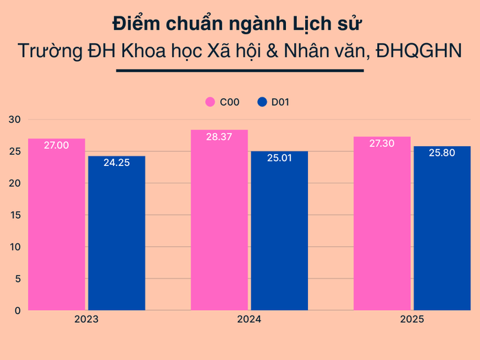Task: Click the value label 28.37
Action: (219, 137)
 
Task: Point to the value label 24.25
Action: (117, 163)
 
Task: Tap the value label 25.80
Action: (442, 154)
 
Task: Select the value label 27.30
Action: (382, 144)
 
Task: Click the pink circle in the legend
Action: (211, 102)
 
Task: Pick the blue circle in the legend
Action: (261, 102)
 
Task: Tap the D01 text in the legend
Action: (281, 102)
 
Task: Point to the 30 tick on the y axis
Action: (14, 119)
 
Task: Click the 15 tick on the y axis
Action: (14, 215)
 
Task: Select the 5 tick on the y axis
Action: (17, 278)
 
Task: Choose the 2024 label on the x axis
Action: (249, 320)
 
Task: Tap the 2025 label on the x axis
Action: (412, 320)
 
